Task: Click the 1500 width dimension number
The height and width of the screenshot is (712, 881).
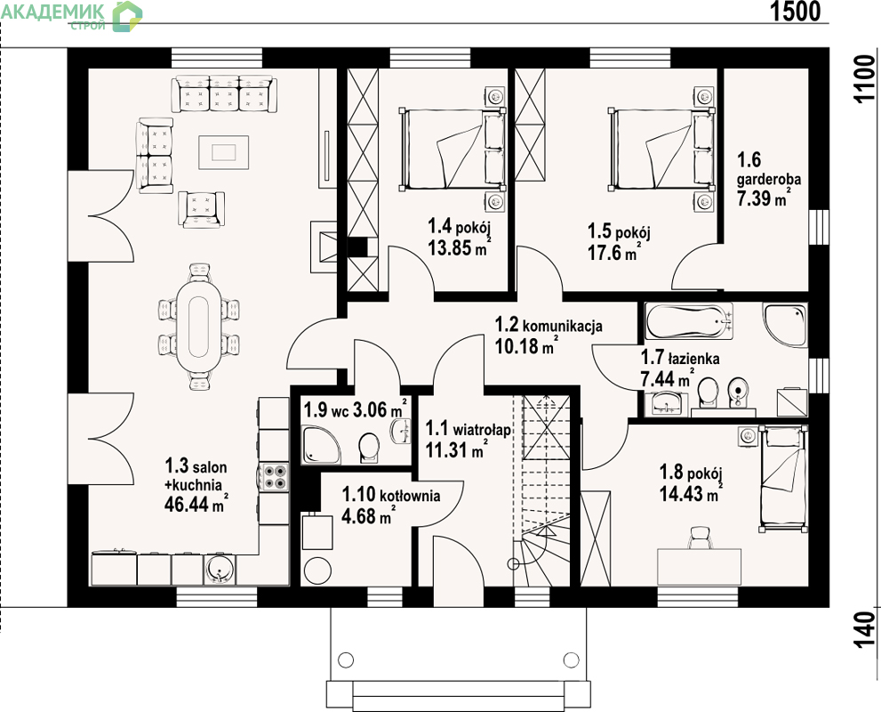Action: tap(795, 11)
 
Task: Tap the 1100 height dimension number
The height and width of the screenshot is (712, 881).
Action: tap(865, 79)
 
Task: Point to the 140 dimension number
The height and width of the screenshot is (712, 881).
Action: tap(865, 628)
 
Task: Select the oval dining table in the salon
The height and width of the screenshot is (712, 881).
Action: tap(199, 327)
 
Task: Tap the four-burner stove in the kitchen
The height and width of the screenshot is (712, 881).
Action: tap(274, 477)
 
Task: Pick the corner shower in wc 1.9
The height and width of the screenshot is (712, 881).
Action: tap(320, 444)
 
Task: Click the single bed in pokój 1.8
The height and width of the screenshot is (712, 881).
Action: tap(784, 479)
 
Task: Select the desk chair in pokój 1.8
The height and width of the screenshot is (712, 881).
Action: tap(700, 537)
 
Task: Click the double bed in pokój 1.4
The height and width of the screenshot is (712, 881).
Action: tap(452, 149)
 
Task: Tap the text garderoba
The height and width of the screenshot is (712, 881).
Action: tap(769, 180)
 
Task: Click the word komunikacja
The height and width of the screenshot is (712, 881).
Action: tap(563, 326)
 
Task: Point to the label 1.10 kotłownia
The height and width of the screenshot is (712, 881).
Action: tap(391, 495)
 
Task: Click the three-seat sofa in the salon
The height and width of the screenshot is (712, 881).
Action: tap(224, 93)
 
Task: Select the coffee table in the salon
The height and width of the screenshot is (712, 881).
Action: tap(224, 151)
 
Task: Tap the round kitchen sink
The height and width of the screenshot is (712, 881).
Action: tap(220, 570)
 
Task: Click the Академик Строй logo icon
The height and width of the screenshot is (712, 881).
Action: tap(127, 16)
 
